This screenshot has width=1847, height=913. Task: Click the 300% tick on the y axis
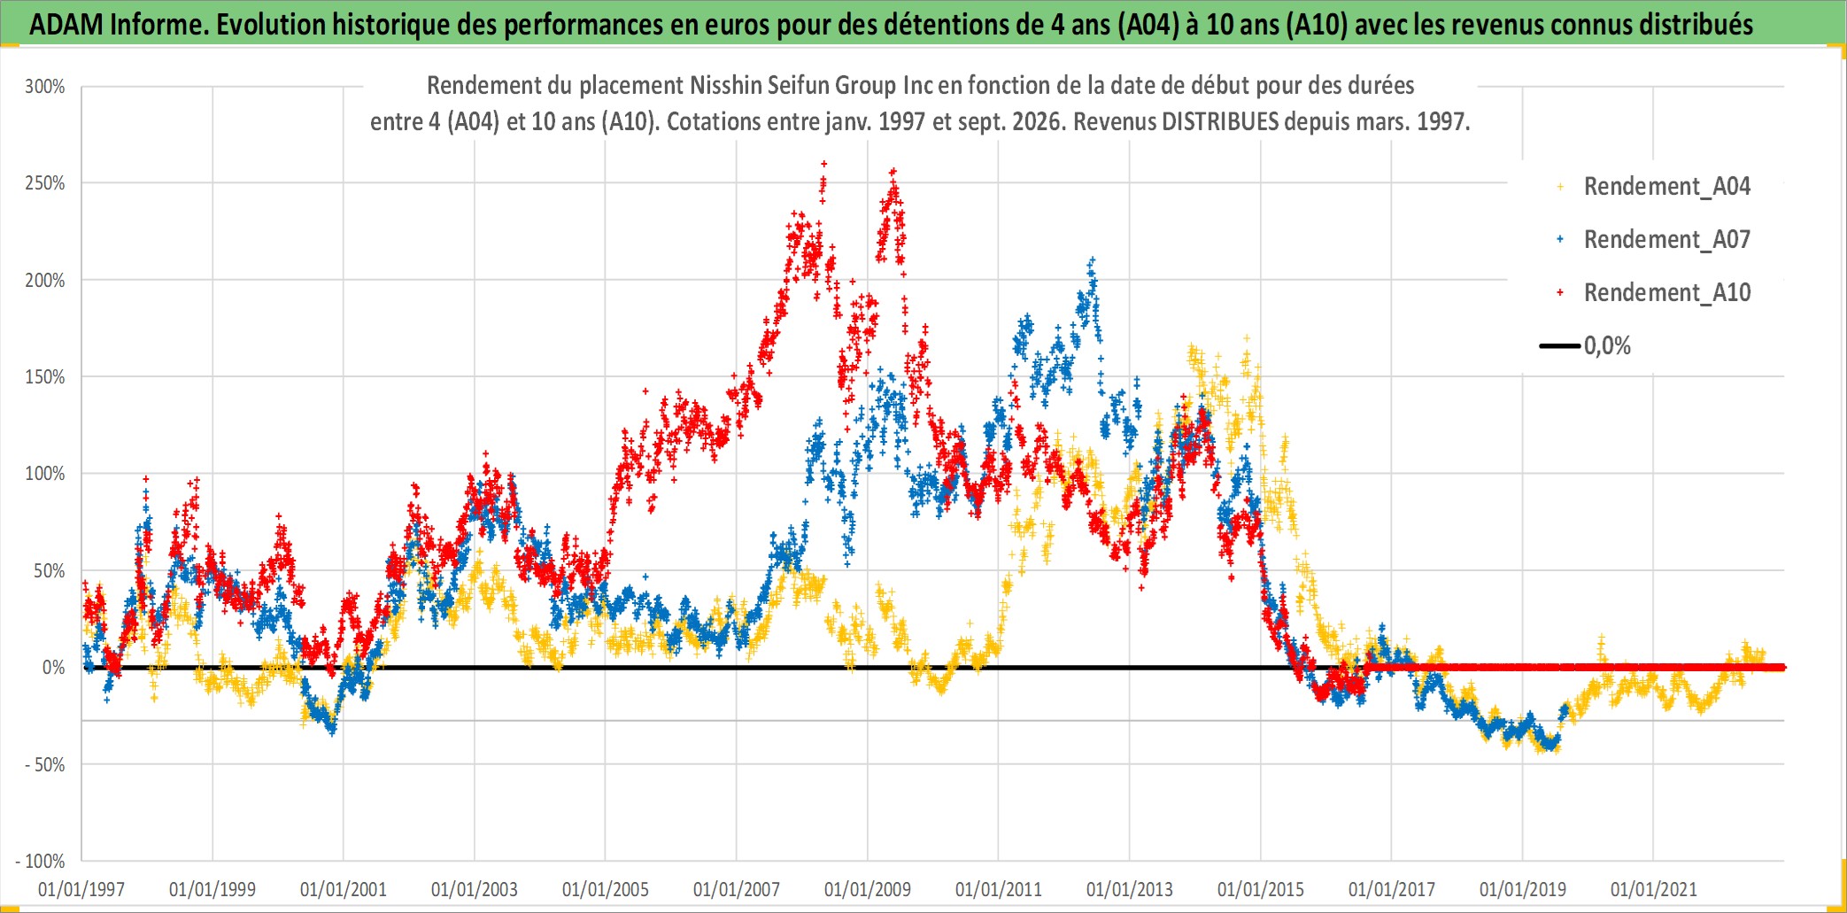coord(45,87)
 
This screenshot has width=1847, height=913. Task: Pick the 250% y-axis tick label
coord(45,183)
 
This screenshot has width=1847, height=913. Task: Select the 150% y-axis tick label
coord(45,377)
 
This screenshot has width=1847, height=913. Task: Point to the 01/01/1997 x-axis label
coord(81,890)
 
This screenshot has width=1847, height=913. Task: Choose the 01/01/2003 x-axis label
coord(475,890)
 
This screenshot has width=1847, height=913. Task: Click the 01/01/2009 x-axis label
coord(868,890)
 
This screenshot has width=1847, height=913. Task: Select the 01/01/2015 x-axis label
coord(1261,890)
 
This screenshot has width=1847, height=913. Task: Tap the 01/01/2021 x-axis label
coord(1654,890)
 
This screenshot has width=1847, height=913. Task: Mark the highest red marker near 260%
coord(824,164)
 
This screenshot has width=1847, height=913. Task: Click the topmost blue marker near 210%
coord(1093,259)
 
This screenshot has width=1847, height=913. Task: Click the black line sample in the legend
coord(1560,346)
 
